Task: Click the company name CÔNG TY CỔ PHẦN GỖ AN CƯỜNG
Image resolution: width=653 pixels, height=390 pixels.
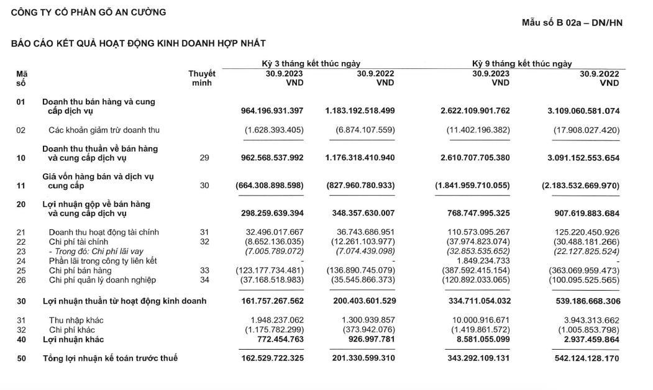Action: [x=89, y=12]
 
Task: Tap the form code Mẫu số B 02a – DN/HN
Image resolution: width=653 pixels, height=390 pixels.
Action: [x=572, y=23]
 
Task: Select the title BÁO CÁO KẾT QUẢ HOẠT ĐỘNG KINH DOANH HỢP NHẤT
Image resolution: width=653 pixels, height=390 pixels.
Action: [x=139, y=43]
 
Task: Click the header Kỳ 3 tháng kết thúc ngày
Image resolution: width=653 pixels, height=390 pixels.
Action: [x=311, y=63]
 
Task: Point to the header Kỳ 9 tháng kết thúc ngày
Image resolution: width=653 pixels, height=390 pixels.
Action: [x=522, y=63]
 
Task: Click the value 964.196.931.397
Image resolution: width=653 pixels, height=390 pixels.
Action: [x=272, y=111]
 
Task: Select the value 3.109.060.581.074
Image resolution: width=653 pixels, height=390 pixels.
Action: [x=583, y=111]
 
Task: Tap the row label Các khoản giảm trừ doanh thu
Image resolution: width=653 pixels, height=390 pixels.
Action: [x=104, y=130]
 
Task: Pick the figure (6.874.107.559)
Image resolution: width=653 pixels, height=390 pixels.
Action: [x=360, y=130]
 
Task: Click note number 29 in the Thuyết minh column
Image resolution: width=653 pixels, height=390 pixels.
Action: [x=204, y=158]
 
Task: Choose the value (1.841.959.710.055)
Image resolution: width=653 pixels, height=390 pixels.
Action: [x=473, y=186]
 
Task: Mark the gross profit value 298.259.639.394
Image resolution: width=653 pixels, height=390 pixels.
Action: [x=272, y=214]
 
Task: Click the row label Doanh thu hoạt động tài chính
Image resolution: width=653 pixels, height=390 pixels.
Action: [x=104, y=232]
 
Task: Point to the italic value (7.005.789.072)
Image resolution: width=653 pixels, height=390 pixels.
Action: [x=270, y=252]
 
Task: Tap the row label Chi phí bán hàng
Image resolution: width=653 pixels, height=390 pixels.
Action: [x=80, y=271]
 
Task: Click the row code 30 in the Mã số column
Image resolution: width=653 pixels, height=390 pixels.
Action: [x=21, y=301]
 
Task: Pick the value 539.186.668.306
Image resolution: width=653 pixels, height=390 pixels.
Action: [x=583, y=301]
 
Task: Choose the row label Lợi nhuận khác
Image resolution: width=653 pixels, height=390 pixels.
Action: [x=73, y=340]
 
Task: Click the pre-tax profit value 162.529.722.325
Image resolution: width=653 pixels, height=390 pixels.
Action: [x=272, y=359]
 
